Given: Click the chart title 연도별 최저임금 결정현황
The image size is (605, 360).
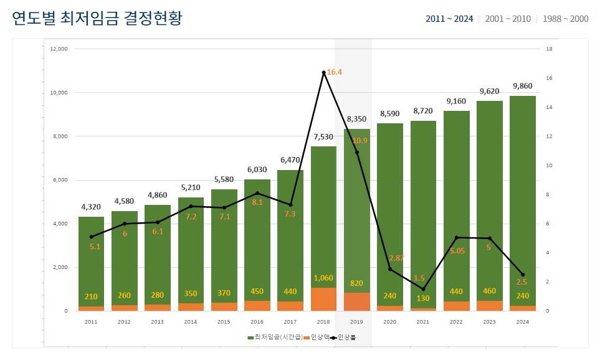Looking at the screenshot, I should [97, 18].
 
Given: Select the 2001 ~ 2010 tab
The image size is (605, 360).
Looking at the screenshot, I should [508, 19].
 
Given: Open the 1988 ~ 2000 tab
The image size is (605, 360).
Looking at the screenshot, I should [565, 19].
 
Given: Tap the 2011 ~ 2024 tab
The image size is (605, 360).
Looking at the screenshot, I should [449, 19].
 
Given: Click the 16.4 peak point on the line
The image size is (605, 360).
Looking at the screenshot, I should [323, 73].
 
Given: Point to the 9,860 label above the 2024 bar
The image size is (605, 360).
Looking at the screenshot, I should [522, 86].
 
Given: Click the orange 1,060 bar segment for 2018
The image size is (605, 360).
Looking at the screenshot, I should [323, 300].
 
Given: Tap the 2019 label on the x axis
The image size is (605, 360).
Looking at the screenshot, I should [356, 321].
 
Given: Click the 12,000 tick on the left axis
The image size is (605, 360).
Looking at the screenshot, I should [59, 49].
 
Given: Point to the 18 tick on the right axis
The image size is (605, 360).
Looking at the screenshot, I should [548, 49].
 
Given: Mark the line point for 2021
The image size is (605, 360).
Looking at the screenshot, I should [423, 289].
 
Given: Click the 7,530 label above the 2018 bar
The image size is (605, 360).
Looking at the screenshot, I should [323, 137].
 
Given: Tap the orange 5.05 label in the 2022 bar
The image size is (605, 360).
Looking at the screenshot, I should [456, 251].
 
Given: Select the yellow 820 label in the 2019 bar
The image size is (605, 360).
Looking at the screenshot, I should [356, 283].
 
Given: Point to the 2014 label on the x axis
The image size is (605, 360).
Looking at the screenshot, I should [191, 321].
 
